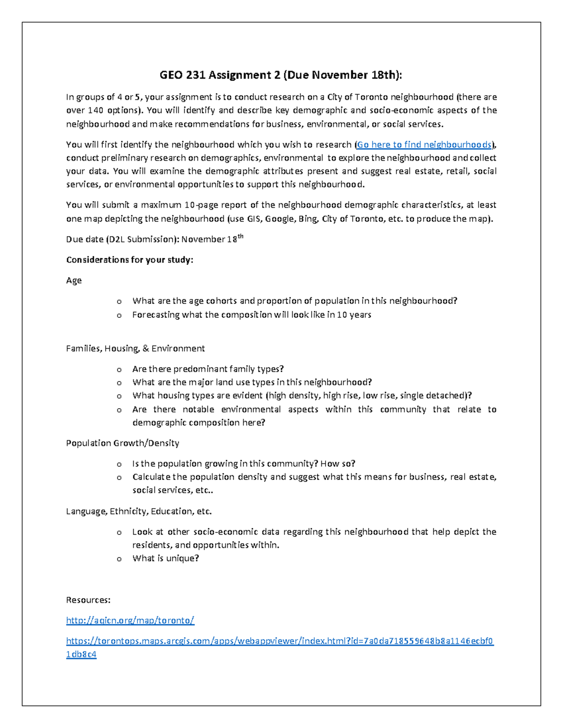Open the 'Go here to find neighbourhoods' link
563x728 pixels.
click(424, 144)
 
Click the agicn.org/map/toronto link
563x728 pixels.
click(130, 620)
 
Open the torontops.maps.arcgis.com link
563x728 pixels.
click(280, 641)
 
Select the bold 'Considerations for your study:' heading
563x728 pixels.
click(129, 260)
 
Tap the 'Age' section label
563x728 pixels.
click(74, 280)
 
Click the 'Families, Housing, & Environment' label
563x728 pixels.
click(135, 348)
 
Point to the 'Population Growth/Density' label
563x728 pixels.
click(122, 443)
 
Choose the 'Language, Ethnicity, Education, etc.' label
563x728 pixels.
click(139, 511)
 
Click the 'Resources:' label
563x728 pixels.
click(88, 600)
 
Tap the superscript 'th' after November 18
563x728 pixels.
click(241, 236)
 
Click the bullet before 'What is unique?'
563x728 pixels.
click(119, 559)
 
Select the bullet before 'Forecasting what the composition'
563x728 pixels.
click(119, 315)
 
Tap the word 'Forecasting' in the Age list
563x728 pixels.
click(156, 315)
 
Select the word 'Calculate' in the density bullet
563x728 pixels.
click(151, 477)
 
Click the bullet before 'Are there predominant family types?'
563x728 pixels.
click(119, 369)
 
